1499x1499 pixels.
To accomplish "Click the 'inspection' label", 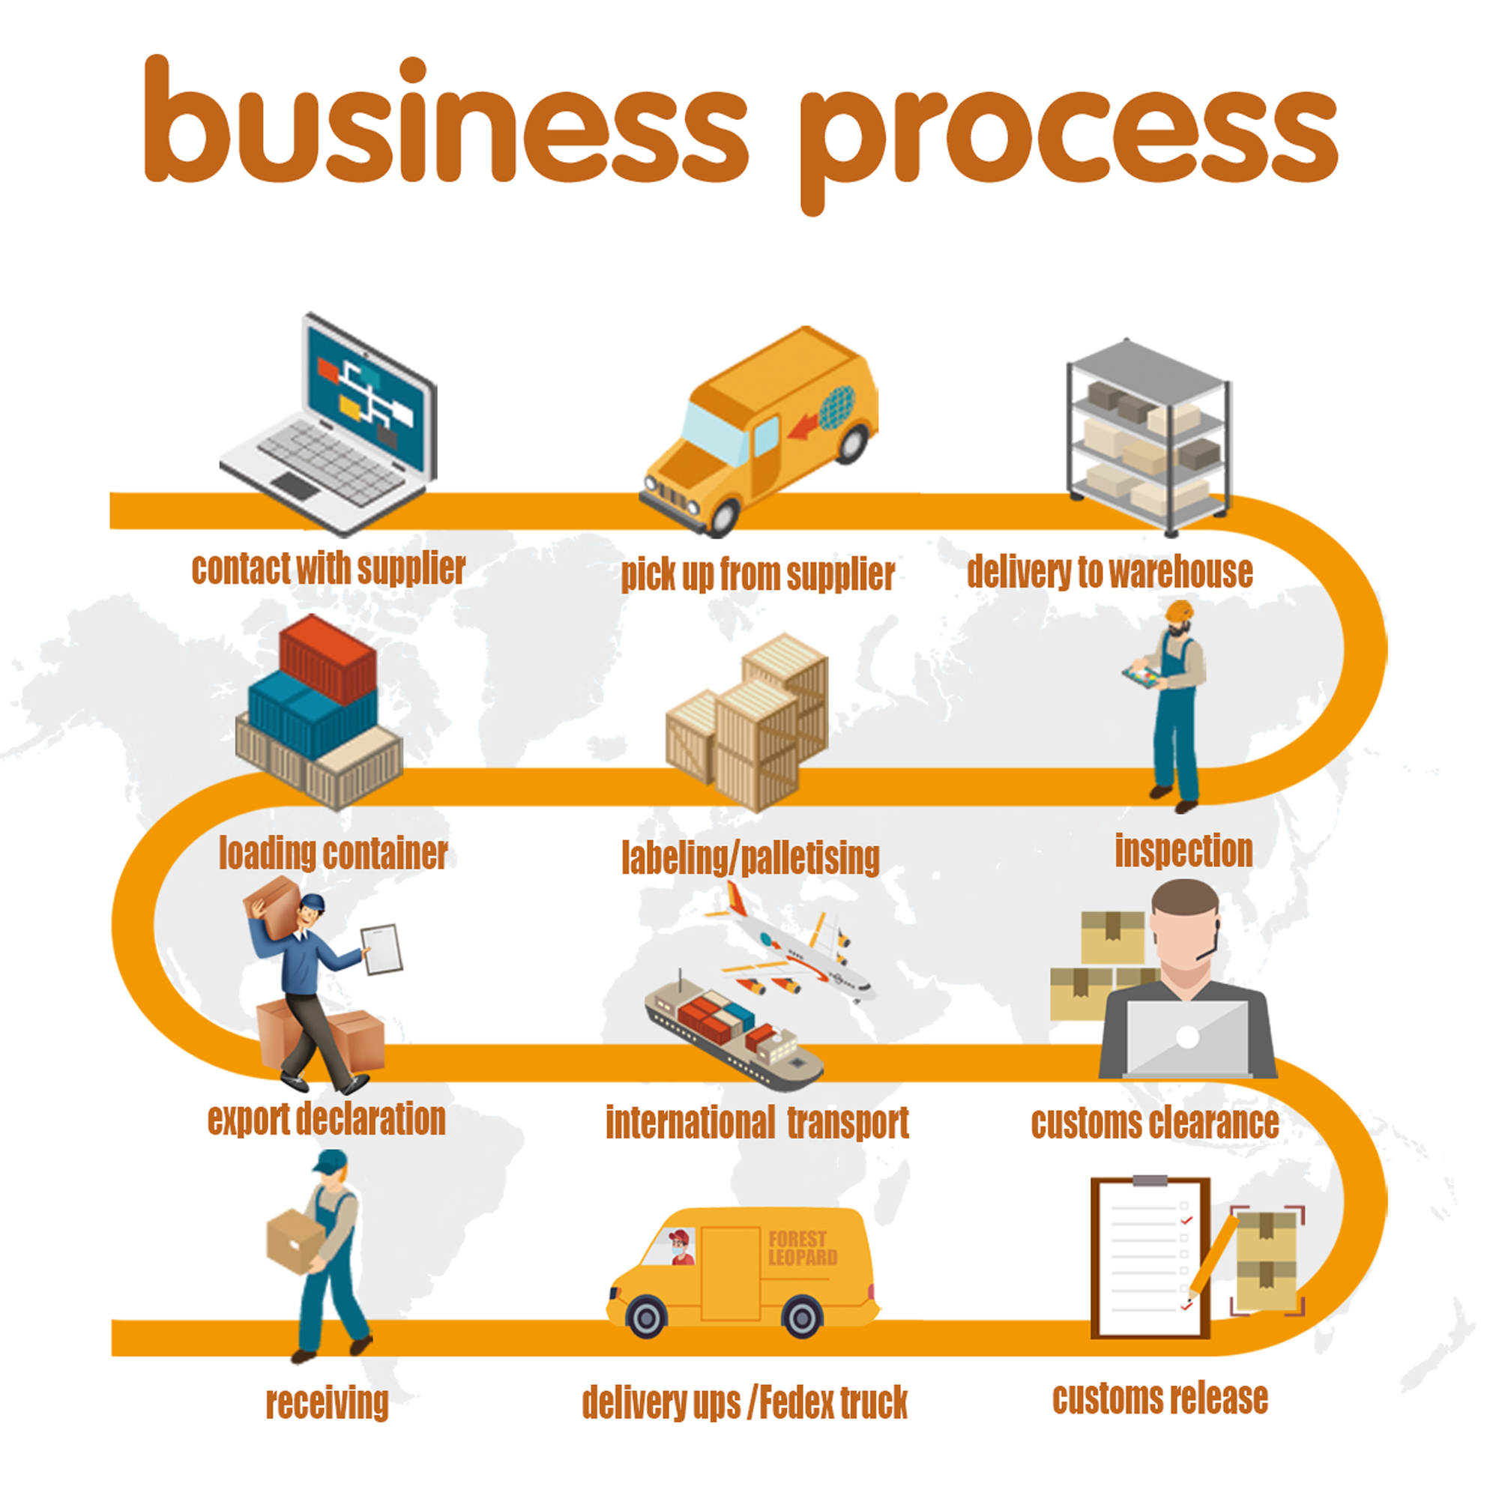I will click(1183, 851).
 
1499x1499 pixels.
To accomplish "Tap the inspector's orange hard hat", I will click(1178, 610).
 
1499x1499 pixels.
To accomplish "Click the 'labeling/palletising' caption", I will click(750, 858).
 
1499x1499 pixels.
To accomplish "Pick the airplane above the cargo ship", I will click(799, 950).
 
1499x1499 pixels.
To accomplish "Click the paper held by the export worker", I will click(382, 949).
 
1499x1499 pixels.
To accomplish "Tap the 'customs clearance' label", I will click(1154, 1123).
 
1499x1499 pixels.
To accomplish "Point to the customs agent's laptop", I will click(1187, 1037).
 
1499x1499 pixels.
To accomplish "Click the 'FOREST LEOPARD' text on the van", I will click(802, 1249).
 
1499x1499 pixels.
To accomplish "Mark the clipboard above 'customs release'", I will click(1149, 1258).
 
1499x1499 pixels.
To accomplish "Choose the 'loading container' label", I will click(333, 854).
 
